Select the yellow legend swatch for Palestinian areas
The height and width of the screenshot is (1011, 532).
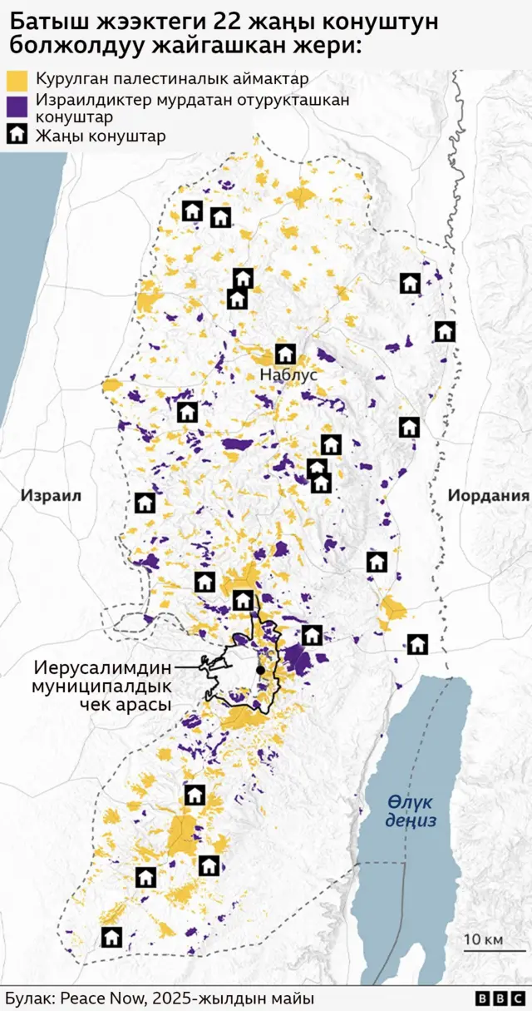coord(17,80)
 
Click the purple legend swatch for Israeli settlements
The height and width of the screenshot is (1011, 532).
coord(17,107)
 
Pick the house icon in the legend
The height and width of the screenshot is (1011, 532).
coord(17,135)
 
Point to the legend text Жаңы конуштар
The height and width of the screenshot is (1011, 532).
coord(100,136)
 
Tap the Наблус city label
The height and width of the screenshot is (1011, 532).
coord(288,375)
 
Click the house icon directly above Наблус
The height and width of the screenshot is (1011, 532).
coord(285,354)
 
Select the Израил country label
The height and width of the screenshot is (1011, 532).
coord(51,496)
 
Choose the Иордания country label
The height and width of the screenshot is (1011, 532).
coord(488,496)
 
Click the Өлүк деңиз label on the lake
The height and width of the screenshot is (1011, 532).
coord(411,810)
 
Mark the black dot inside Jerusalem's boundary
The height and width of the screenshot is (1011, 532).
coord(260,670)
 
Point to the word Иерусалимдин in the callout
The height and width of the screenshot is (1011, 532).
coord(102,668)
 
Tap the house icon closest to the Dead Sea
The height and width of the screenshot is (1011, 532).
coord(417,643)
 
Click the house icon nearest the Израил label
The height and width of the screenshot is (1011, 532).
coord(145,503)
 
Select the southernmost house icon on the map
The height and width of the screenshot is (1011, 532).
coord(111,937)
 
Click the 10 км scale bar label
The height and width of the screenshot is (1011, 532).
coord(483,939)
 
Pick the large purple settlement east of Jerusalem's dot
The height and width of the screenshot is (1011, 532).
coord(297,661)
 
